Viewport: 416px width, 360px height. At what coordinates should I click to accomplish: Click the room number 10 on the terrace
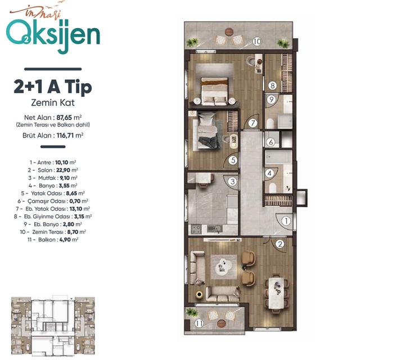(x=257, y=42)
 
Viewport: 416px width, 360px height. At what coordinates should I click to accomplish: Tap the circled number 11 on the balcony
(x=199, y=323)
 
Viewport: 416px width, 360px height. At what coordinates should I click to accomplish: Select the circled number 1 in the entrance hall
(x=286, y=220)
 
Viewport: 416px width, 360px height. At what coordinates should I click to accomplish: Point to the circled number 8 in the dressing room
(x=273, y=85)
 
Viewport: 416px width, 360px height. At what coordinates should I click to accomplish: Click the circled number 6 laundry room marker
(x=270, y=142)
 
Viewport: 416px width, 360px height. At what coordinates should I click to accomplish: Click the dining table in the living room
(x=277, y=293)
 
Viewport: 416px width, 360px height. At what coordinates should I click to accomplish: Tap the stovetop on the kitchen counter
(x=197, y=229)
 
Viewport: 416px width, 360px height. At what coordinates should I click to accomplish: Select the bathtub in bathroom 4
(x=279, y=157)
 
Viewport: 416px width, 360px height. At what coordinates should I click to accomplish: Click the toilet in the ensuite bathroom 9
(x=270, y=124)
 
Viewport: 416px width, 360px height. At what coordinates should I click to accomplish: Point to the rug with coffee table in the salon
(x=224, y=267)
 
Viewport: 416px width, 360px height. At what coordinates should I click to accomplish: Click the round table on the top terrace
(x=229, y=32)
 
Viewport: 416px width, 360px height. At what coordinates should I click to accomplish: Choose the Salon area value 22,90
(x=63, y=170)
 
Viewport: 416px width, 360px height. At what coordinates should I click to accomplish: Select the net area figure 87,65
(x=64, y=118)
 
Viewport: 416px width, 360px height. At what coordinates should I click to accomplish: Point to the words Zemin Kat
(x=53, y=102)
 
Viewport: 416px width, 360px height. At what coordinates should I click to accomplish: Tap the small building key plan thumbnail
(x=53, y=326)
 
